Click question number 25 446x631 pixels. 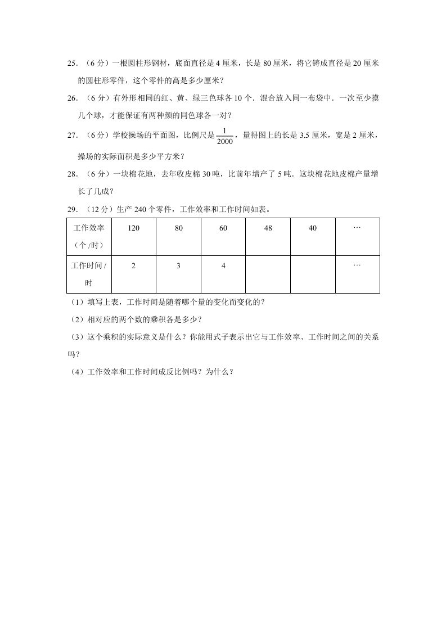coord(71,64)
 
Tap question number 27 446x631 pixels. coord(71,135)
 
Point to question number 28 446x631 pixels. coord(71,174)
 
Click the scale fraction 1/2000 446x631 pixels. coord(224,135)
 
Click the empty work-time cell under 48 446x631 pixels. coord(268,274)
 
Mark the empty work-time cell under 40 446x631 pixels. coord(313,274)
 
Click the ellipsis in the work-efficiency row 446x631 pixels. coord(357,228)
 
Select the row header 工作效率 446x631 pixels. coord(89,228)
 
